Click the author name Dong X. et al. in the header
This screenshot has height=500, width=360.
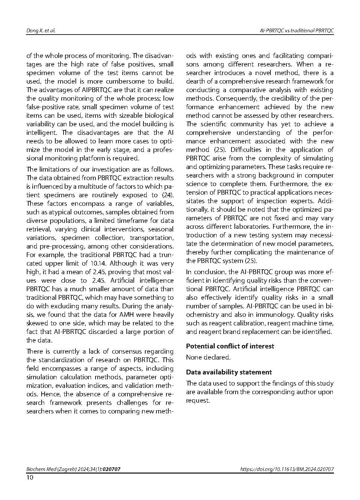click(41, 30)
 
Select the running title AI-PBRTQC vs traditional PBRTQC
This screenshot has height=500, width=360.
click(296, 30)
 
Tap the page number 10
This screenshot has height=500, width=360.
click(30, 477)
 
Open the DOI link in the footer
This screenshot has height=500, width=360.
click(287, 469)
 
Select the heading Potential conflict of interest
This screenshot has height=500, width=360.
click(230, 346)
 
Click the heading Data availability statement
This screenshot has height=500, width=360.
click(229, 372)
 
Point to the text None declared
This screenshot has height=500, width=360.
click(208, 357)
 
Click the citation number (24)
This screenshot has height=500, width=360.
click(168, 195)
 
